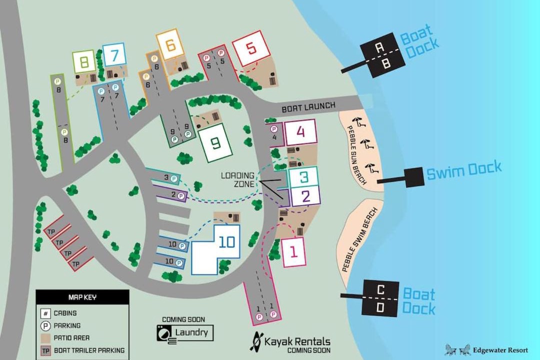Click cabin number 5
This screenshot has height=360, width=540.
click(251, 48)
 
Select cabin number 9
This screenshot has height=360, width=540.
click(215, 142)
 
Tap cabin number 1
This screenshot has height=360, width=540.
click(294, 252)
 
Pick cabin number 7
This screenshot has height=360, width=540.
click(114, 55)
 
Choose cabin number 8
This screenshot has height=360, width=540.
click(84, 62)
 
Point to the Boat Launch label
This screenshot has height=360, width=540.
click(308, 107)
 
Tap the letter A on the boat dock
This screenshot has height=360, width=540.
click(379, 47)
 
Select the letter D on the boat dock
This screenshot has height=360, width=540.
click(380, 307)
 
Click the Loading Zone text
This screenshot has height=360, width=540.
click(238, 179)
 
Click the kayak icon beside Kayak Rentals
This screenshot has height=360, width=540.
click(256, 341)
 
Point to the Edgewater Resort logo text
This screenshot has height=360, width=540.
click(500, 350)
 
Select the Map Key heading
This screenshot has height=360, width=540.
click(82, 297)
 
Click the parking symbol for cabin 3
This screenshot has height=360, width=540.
click(174, 178)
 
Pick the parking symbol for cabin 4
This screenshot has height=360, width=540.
click(274, 129)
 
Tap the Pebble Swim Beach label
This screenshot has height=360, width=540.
click(360, 240)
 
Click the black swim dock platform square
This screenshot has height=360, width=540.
click(414, 177)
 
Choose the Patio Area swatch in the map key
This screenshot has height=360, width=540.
click(45, 338)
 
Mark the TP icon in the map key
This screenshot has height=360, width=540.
click(45, 350)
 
